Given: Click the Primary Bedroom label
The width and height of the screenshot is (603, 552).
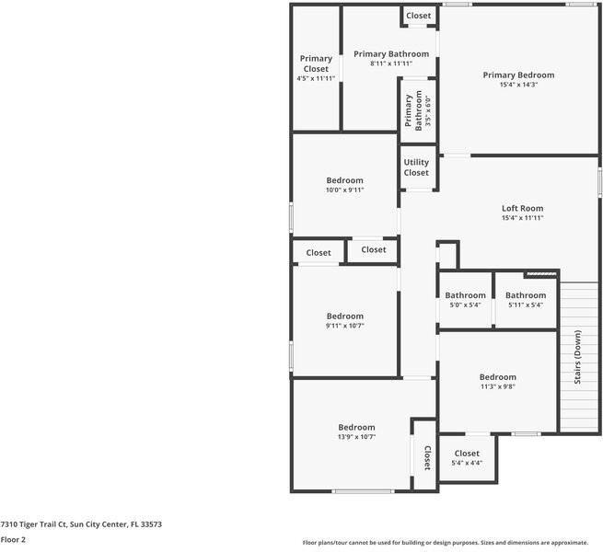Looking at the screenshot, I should tap(519, 75).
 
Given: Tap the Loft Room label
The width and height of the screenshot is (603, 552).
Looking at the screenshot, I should tap(522, 208).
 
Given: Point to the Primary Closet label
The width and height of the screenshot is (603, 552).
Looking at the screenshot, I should tap(316, 63).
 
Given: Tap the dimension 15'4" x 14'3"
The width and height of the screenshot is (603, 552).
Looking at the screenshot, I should tap(519, 86).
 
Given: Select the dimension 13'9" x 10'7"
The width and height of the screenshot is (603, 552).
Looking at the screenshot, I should tap(356, 437).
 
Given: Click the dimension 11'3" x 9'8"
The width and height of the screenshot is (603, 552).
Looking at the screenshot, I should tap(497, 386).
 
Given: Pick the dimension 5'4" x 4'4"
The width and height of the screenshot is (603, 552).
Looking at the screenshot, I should tap(467, 463).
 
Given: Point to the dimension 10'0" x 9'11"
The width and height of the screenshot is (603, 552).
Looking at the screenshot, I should tap(344, 190).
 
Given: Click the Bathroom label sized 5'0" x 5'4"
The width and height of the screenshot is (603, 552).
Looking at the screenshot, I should tap(466, 295).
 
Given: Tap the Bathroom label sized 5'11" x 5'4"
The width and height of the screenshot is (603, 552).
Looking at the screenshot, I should tap(526, 295).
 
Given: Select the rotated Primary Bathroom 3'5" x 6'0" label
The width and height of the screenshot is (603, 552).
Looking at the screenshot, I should tap(418, 110).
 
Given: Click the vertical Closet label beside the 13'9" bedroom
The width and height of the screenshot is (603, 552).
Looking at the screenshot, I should tap(428, 457).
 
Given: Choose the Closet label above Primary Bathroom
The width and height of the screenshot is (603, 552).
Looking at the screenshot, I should tap(418, 16).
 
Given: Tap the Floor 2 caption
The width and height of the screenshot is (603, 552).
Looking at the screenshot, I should tap(13, 540).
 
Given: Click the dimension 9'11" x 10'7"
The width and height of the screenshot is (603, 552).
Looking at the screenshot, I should tap(344, 326).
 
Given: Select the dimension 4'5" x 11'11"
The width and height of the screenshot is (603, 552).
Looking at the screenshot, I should tap(316, 79).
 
